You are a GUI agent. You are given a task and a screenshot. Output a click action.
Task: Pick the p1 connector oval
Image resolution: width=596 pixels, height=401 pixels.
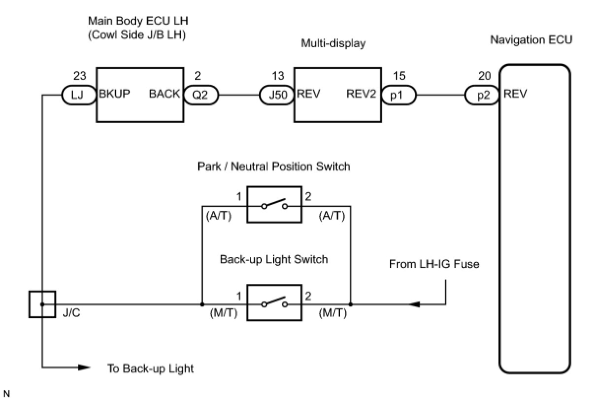pos(397,95)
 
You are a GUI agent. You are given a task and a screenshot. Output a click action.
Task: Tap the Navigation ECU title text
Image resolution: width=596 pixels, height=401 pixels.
pos(531,40)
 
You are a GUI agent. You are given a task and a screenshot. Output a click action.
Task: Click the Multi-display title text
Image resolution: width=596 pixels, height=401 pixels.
pos(333,44)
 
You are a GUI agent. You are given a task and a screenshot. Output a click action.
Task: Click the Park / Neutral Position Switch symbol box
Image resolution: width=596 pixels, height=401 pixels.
pos(274,205)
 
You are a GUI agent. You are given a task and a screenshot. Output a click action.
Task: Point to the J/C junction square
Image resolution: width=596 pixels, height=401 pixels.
pos(42,304)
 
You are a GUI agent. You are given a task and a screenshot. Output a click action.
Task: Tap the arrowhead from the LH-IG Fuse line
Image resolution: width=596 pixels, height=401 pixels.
pos(414,304)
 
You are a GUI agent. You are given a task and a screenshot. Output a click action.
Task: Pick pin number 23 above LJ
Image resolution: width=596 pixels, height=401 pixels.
pos(79,76)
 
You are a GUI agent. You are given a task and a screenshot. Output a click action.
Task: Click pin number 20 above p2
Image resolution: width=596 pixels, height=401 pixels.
pos(484,76)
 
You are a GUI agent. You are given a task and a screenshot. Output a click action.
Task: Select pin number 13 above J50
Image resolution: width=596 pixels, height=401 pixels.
pos(278,76)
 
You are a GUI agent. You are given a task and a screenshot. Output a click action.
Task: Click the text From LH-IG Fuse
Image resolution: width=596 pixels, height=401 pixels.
pos(434,265)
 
